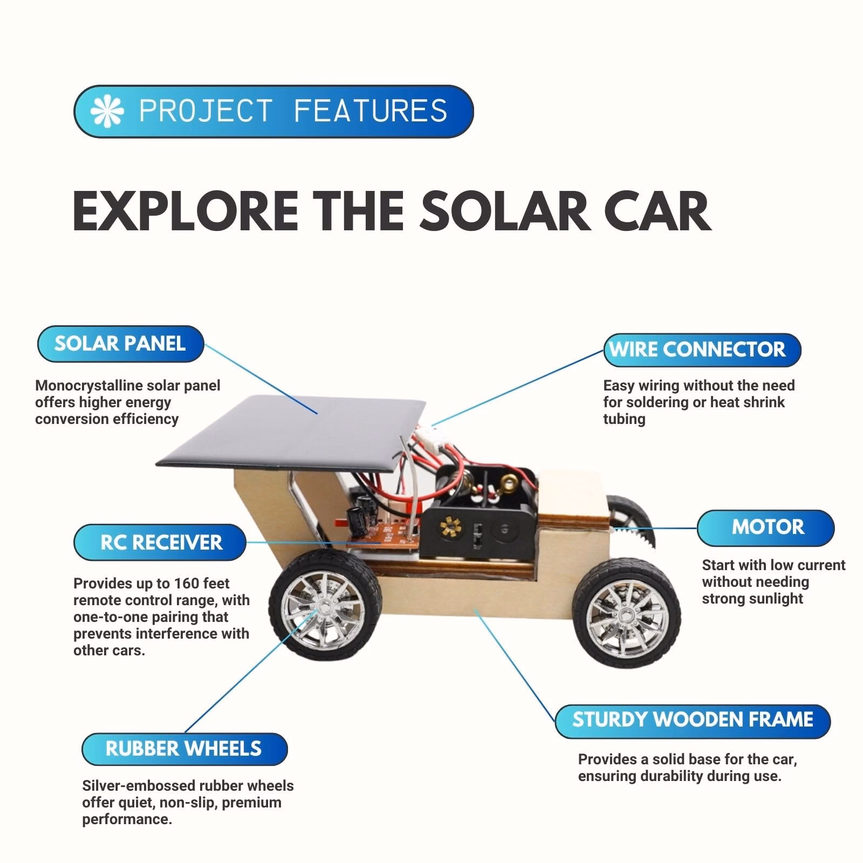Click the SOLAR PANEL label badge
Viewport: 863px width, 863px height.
pyautogui.click(x=120, y=344)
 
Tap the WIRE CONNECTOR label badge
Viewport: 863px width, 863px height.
pyautogui.click(x=701, y=350)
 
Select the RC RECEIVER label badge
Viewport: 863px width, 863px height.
pyautogui.click(x=161, y=543)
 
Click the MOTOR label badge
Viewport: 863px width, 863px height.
pyautogui.click(x=766, y=527)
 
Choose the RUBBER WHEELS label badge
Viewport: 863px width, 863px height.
pyautogui.click(x=183, y=749)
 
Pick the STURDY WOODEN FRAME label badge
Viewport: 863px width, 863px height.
pyautogui.click(x=693, y=720)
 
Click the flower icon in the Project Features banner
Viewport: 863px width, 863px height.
pyautogui.click(x=107, y=111)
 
